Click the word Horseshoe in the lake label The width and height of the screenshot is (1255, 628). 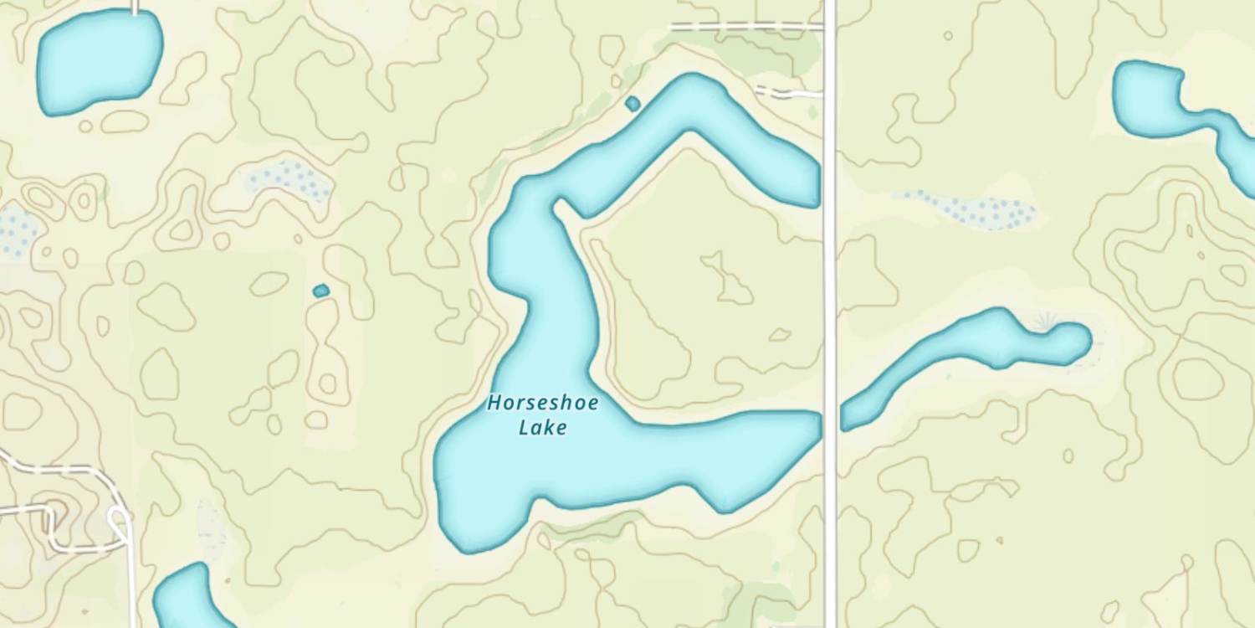click(543, 404)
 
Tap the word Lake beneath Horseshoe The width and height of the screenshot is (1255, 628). click(543, 428)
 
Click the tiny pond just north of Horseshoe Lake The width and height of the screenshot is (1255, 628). click(633, 104)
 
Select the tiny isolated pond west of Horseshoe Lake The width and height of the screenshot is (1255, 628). click(320, 291)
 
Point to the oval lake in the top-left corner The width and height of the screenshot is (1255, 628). click(99, 62)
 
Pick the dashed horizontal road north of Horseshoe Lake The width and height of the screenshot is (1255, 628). click(745, 27)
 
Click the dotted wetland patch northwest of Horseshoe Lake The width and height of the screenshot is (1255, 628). click(288, 179)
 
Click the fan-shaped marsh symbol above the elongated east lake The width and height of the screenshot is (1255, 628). click(1045, 320)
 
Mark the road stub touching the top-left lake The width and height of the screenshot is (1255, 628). click(135, 7)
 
